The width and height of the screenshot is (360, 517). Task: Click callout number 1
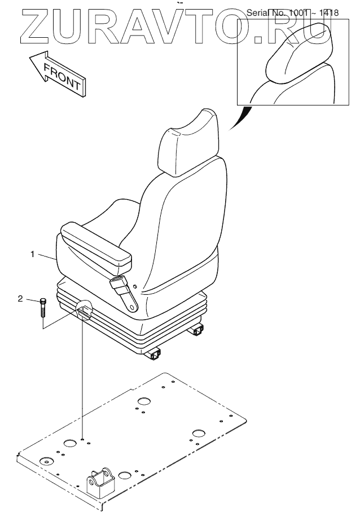(x=34, y=254)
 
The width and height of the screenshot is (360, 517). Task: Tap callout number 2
(x=21, y=298)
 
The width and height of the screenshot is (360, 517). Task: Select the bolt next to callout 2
(x=43, y=308)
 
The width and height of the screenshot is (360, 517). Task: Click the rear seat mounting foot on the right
(x=199, y=331)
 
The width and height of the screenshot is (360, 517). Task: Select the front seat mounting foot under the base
(x=155, y=354)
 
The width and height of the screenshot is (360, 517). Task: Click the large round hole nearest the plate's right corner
(x=199, y=433)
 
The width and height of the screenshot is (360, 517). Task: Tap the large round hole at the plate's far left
(x=45, y=461)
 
